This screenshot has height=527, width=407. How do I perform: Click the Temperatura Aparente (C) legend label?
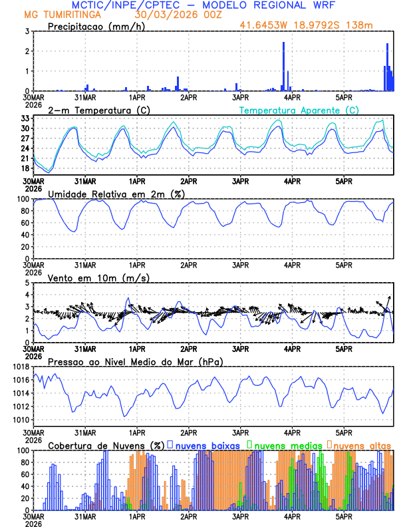(299, 110)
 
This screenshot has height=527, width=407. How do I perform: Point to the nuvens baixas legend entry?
(207, 444)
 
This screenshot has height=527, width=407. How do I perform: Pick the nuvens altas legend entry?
(362, 444)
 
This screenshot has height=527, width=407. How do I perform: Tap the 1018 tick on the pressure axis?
(21, 367)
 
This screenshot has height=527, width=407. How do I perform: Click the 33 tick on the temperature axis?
(25, 118)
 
